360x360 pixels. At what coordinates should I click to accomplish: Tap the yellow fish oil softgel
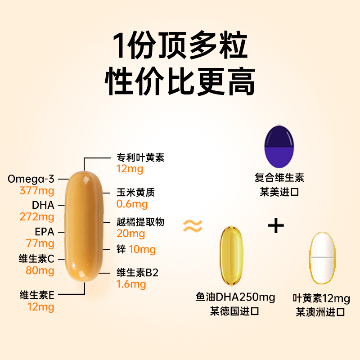pyautogui.click(x=231, y=256)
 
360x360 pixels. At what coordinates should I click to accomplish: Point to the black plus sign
pyautogui.click(x=276, y=225)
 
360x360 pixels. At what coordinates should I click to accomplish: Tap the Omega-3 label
pyautogui.click(x=31, y=179)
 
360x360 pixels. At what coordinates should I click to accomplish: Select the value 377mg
pyautogui.click(x=37, y=190)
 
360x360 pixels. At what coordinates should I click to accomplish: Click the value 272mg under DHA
pyautogui.click(x=37, y=217)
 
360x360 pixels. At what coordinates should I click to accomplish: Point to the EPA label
pyautogui.click(x=44, y=232)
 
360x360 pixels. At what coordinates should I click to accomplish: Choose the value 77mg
pyautogui.click(x=40, y=243)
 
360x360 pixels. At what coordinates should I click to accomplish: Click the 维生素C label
pyautogui.click(x=36, y=259)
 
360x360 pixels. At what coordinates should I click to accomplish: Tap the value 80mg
pyautogui.click(x=40, y=270)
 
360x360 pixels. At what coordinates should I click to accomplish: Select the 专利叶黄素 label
pyautogui.click(x=140, y=157)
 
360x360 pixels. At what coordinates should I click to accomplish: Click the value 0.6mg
pyautogui.click(x=132, y=204)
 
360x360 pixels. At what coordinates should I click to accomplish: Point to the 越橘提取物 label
pyautogui.click(x=140, y=222)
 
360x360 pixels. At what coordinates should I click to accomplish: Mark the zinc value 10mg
pyautogui.click(x=142, y=249)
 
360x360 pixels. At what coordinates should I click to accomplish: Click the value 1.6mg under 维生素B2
pyautogui.click(x=131, y=284)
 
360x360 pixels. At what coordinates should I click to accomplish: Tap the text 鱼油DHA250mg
pyautogui.click(x=235, y=297)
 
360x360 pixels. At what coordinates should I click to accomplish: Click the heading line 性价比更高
pyautogui.click(x=180, y=81)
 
